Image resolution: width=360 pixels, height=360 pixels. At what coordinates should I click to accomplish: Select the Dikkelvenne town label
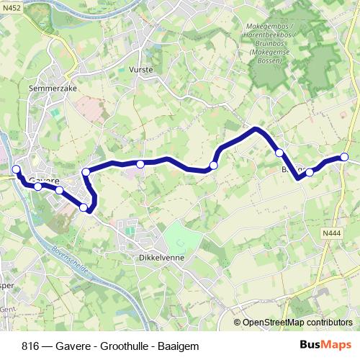(163, 256)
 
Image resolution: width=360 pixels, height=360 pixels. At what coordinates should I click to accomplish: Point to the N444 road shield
(331, 233)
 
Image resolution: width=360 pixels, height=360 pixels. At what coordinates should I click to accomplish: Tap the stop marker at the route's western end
(17, 169)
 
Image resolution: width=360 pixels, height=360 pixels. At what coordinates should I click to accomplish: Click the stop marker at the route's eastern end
(344, 157)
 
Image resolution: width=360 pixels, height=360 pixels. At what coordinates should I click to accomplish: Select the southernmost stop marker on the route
(84, 208)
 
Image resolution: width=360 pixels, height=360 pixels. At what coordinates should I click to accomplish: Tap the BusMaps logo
(325, 345)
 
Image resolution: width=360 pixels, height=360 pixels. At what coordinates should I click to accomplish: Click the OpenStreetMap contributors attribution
(297, 323)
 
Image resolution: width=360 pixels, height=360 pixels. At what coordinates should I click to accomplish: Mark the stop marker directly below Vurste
(140, 164)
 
